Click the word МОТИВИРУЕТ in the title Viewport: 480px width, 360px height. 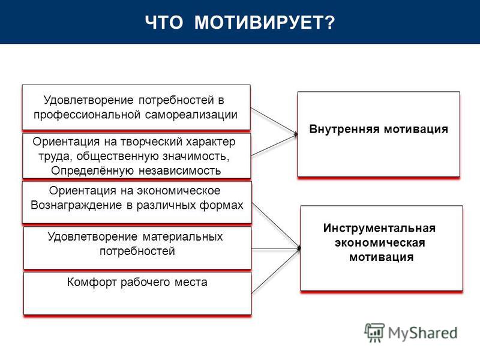pos(260,22)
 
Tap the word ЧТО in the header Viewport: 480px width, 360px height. pos(164,22)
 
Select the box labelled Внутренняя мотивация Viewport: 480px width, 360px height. pos(379,134)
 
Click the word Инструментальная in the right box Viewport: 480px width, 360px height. pos(379,228)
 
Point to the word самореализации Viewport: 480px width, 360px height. pos(191,115)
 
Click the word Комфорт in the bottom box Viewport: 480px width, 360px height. pos(92,282)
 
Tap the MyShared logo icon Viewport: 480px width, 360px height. pos(374,332)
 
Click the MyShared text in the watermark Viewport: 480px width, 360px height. pos(422,333)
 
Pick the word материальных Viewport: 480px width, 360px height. pos(183,236)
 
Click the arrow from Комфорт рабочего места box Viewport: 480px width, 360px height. pos(275,271)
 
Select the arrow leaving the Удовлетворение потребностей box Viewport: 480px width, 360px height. pos(274,121)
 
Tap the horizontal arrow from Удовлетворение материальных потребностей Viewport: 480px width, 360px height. pos(276,248)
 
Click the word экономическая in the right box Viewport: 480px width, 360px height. pos(380,243)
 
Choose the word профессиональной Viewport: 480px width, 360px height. pos(87,115)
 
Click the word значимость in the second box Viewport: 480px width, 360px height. pos(196,157)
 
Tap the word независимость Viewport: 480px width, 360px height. pos(180,170)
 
